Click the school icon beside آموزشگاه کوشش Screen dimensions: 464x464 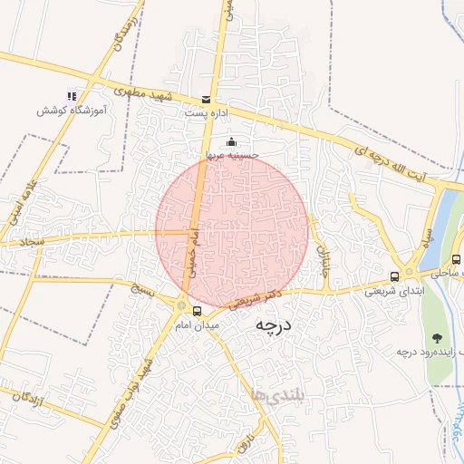(x=72, y=95)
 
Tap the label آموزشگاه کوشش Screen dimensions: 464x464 (x=72, y=110)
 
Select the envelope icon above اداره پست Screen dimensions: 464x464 (x=207, y=99)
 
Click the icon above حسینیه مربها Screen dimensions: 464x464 (x=231, y=141)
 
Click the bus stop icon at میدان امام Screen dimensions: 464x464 (x=198, y=312)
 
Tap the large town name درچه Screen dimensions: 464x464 (x=271, y=324)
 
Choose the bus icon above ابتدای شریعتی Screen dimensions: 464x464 (x=394, y=276)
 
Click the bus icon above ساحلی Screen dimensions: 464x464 (x=456, y=260)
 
